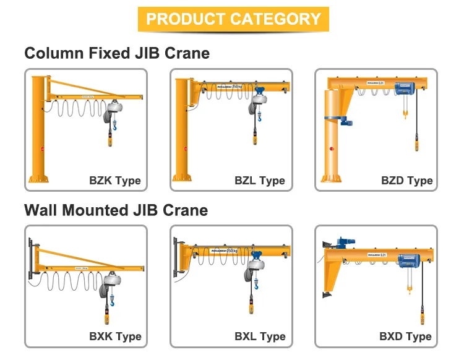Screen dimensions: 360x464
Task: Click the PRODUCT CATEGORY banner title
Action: tap(233, 19)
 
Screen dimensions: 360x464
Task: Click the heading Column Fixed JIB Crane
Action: tap(117, 53)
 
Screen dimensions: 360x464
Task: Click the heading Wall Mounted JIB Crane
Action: tap(116, 210)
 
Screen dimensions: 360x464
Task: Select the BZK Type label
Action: tap(115, 181)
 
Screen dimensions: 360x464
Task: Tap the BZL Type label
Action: tap(260, 181)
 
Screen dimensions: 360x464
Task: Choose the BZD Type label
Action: tap(406, 181)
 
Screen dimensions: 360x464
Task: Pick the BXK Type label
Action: tap(115, 337)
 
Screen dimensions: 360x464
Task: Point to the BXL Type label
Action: tap(260, 337)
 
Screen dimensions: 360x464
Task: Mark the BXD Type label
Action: tap(405, 337)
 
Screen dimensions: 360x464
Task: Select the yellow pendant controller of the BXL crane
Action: tap(256, 299)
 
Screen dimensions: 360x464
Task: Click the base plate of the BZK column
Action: tap(38, 179)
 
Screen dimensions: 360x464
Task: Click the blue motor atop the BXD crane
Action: tap(341, 242)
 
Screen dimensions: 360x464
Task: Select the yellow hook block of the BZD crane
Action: tap(405, 114)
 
